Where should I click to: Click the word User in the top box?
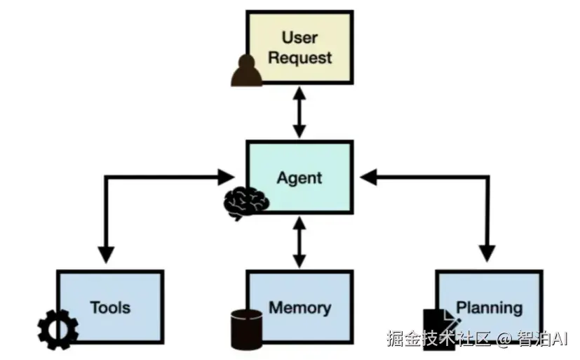pyautogui.click(x=299, y=37)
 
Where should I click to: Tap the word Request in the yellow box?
pyautogui.click(x=299, y=58)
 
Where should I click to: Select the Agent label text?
pyautogui.click(x=299, y=178)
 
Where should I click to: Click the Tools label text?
pyautogui.click(x=110, y=307)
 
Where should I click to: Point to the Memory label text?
pyautogui.click(x=299, y=307)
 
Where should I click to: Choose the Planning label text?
pyautogui.click(x=489, y=307)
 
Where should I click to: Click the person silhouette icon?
pyautogui.click(x=246, y=71)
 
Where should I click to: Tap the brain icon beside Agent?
pyautogui.click(x=245, y=203)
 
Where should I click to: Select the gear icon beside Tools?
pyautogui.click(x=58, y=329)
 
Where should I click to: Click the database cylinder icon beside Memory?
pyautogui.click(x=246, y=328)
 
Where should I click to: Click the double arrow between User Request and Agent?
pyautogui.click(x=299, y=112)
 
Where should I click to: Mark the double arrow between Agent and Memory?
pyautogui.click(x=299, y=242)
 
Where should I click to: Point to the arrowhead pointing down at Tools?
pyautogui.click(x=106, y=254)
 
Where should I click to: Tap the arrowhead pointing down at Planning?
pyautogui.click(x=487, y=254)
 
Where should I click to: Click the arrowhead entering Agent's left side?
pyautogui.click(x=227, y=177)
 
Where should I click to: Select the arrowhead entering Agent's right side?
pyautogui.click(x=369, y=177)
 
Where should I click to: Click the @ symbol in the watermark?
pyautogui.click(x=503, y=339)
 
